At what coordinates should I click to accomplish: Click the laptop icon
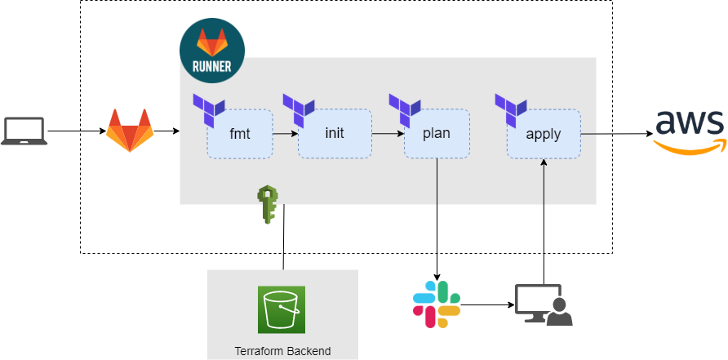(24, 131)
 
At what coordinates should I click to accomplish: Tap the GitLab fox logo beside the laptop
(129, 131)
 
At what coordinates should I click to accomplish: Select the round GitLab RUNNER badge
(211, 51)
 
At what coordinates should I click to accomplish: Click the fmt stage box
(239, 134)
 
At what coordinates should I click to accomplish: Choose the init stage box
(335, 134)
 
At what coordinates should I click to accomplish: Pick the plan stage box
(437, 134)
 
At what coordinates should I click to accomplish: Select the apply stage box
(543, 134)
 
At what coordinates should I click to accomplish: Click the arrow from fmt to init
(285, 133)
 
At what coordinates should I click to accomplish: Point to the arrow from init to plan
(388, 133)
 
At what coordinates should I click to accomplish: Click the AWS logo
(690, 131)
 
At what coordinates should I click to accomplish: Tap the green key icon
(268, 205)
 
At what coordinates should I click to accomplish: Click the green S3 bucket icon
(282, 309)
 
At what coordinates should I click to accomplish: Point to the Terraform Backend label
(282, 351)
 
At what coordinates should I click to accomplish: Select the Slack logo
(437, 304)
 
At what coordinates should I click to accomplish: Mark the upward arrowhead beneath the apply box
(544, 163)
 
